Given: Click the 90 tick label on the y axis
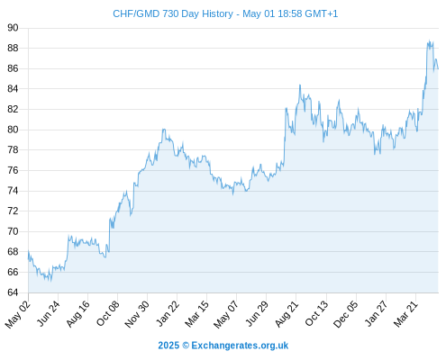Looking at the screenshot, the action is click(13, 28).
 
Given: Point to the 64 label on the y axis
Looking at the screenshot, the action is click(13, 292).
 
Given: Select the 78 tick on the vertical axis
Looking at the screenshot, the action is click(13, 149).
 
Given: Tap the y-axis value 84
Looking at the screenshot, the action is click(13, 89).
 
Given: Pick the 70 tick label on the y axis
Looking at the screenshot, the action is click(13, 231).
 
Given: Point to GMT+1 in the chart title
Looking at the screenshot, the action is click(321, 13).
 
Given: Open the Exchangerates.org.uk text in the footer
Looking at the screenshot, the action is click(240, 346).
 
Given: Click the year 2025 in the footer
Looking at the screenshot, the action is click(168, 346).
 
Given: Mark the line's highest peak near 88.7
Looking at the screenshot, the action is click(430, 40).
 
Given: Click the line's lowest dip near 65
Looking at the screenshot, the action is click(50, 281).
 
